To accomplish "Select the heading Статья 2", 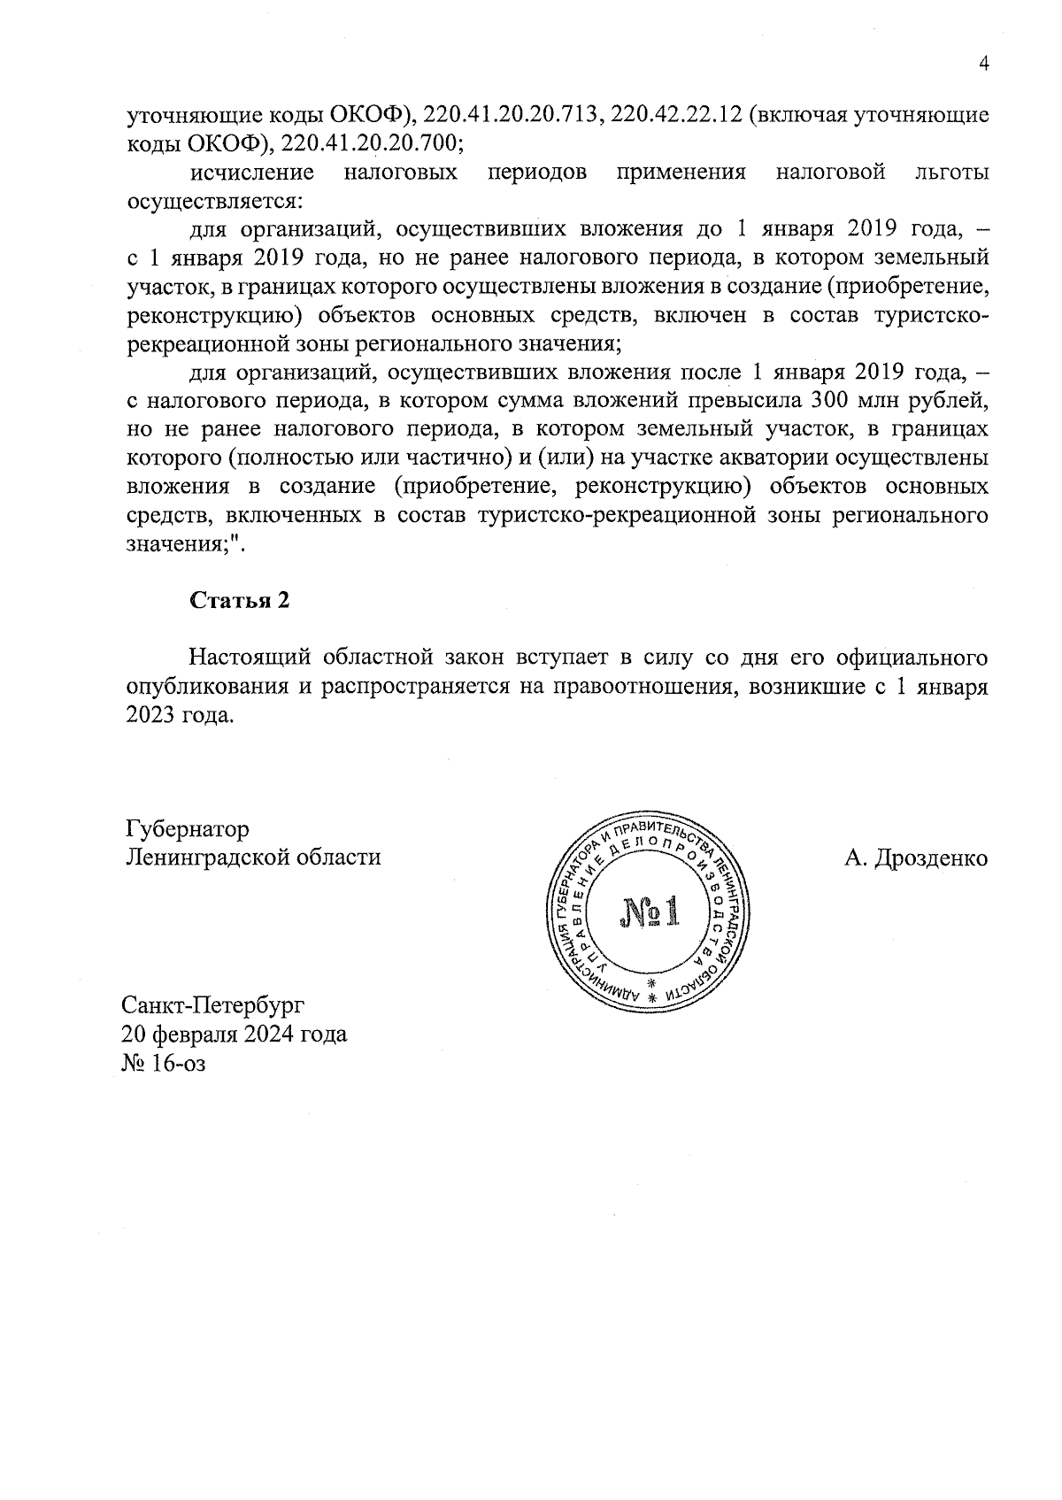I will [240, 600].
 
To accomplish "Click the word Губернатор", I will [188, 829].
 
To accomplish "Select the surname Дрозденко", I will [929, 858].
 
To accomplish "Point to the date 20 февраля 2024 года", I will [235, 1034].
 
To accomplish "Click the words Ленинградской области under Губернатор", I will [255, 858].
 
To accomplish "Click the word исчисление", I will [252, 172].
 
